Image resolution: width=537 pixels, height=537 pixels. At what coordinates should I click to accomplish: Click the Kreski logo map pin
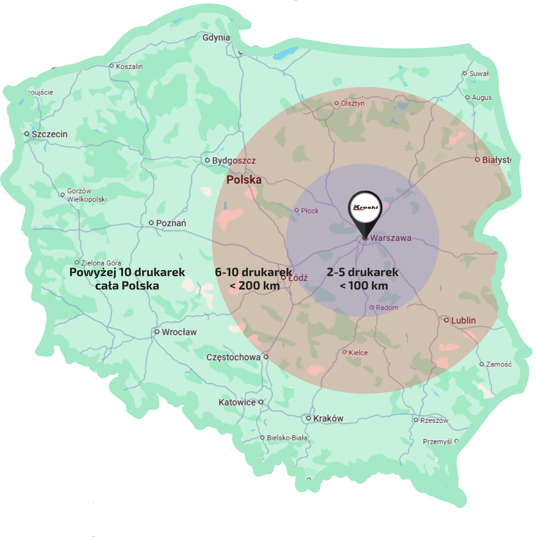[x=365, y=209]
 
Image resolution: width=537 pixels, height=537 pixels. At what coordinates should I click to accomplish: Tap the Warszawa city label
[x=390, y=238]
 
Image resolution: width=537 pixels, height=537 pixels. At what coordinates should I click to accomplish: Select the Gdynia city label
[x=216, y=38]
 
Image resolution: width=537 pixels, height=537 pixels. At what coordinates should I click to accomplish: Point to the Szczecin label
[x=49, y=134]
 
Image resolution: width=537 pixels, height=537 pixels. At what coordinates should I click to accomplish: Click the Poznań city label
[x=171, y=223]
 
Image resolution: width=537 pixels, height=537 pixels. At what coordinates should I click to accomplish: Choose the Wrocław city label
[x=179, y=332]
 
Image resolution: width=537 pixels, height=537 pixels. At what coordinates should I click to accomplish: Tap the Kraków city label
[x=328, y=418]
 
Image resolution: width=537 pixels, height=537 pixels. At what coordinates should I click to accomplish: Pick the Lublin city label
[x=463, y=320]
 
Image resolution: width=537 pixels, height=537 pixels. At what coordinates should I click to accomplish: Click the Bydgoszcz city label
[x=234, y=161]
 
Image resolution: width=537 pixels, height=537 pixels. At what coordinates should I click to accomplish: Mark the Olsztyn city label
[x=353, y=103]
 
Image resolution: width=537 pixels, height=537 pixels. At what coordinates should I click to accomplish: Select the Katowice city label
[x=237, y=402]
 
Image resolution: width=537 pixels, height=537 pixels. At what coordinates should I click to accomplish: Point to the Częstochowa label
[x=233, y=357]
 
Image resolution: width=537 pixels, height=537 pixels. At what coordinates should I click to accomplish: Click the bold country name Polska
[x=244, y=180]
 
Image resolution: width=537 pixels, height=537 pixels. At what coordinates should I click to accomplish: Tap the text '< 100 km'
[x=363, y=286]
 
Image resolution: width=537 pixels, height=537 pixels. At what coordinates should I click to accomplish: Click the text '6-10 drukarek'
[x=253, y=272]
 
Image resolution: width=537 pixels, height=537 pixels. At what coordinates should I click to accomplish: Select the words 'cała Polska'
[x=127, y=286]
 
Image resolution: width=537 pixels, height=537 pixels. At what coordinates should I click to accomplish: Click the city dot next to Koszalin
[x=112, y=66]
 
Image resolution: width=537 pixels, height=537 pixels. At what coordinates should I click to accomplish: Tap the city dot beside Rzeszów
[x=416, y=420]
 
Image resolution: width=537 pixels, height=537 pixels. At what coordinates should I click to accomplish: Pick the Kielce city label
[x=358, y=353]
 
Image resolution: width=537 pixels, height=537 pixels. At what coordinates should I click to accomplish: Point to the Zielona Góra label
[x=101, y=263]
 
